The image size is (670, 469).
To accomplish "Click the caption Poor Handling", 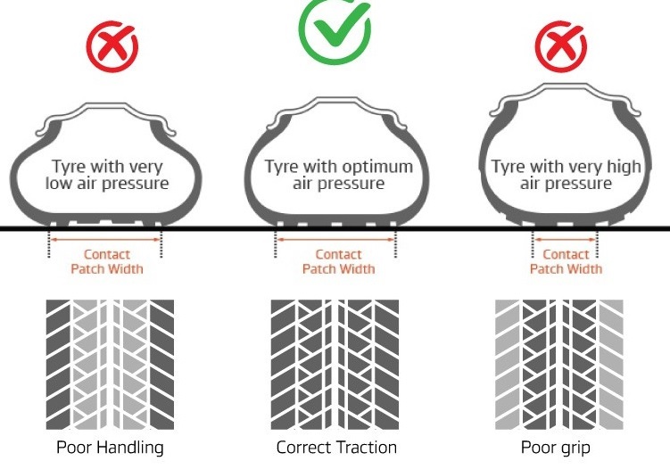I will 110,447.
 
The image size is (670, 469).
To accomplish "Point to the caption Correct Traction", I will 336,447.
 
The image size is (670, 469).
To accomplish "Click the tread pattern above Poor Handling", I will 110,364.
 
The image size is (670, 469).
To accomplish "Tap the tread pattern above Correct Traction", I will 335,364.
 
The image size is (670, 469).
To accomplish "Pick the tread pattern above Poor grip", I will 559,364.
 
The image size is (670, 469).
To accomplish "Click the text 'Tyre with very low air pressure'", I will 108,175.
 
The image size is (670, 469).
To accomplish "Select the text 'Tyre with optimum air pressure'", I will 338,175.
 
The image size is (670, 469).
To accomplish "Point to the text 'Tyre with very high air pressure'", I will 565,175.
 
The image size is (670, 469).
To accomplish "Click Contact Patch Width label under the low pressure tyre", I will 106,261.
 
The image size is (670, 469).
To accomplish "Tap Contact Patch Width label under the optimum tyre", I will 338,261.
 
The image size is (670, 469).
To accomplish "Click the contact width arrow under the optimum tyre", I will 337,240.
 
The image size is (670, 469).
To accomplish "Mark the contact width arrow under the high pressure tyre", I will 565,240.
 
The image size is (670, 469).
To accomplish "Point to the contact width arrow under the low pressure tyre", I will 104,240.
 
